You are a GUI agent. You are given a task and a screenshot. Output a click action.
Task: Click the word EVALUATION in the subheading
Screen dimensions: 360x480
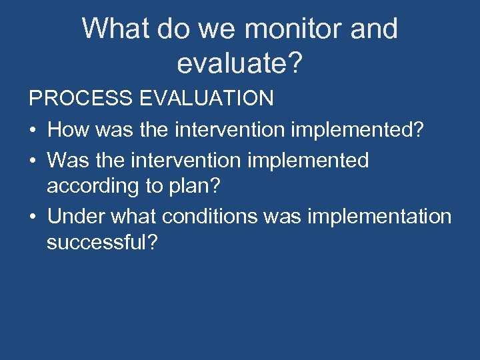(x=207, y=99)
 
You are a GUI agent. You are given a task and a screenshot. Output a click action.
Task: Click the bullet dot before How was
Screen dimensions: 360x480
(x=33, y=130)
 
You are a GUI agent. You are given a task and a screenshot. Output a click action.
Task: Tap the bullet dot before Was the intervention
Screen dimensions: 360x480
(x=33, y=161)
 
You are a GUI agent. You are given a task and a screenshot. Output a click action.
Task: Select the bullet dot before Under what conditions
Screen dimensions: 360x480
(x=33, y=217)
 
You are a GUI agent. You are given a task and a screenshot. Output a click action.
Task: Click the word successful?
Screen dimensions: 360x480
(x=102, y=242)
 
